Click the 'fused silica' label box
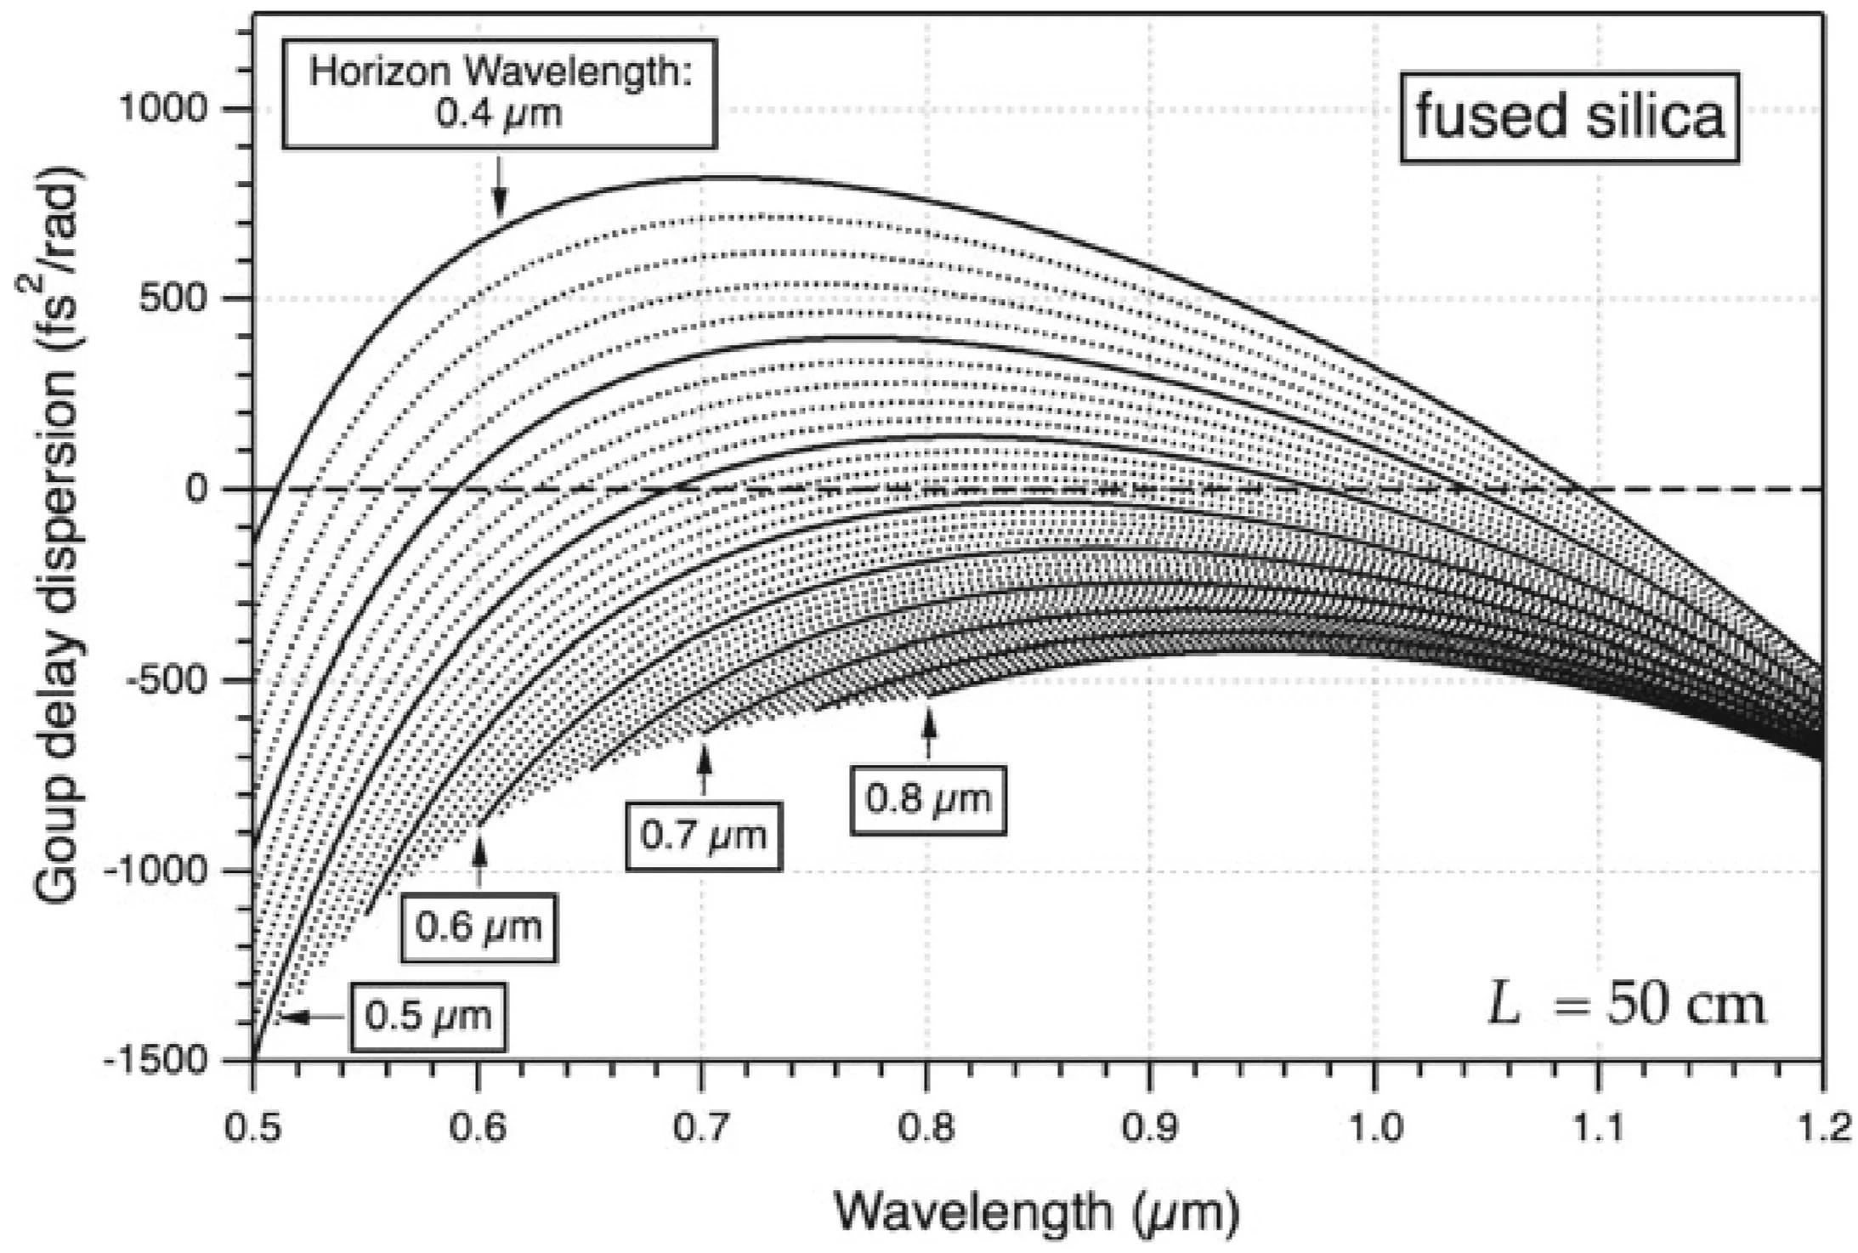[x=1569, y=118]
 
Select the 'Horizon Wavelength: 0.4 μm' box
[x=499, y=94]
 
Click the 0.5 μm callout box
[x=428, y=1016]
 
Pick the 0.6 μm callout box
[x=479, y=927]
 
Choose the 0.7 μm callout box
[x=703, y=836]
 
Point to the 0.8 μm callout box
[x=928, y=799]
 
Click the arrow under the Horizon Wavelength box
[x=500, y=188]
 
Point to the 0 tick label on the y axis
[x=197, y=489]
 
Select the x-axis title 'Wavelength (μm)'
[x=1036, y=1210]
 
